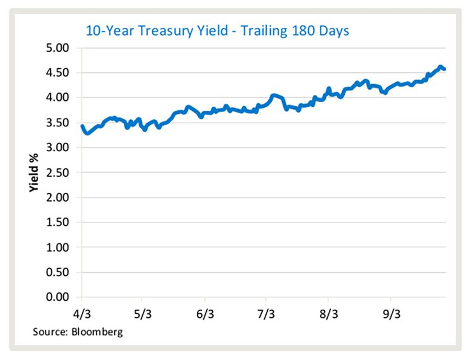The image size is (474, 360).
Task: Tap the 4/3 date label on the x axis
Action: click(x=81, y=312)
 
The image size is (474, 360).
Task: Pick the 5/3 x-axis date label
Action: click(x=143, y=312)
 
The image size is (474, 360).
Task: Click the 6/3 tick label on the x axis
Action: click(x=204, y=312)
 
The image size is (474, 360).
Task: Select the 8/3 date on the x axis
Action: click(x=328, y=312)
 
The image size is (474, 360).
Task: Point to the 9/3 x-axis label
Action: click(x=390, y=312)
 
